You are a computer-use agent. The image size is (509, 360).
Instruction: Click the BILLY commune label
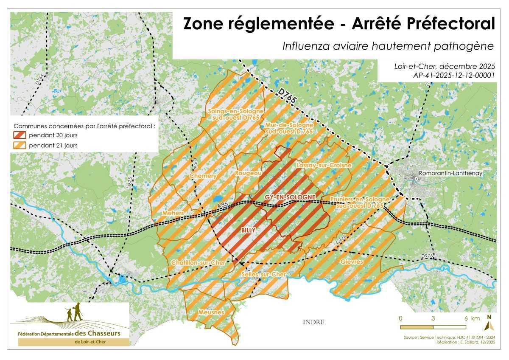tap(248, 230)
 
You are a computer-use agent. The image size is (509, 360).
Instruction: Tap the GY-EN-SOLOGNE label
tap(290, 197)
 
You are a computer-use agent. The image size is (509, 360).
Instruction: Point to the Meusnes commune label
tap(211, 312)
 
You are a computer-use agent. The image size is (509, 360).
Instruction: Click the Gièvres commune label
tap(352, 262)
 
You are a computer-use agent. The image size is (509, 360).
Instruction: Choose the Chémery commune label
tap(203, 176)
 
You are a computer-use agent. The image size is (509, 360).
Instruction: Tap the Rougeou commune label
tap(249, 173)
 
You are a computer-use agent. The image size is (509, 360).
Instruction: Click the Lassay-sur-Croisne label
tap(324, 165)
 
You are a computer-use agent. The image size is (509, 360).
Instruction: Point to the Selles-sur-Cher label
tap(263, 274)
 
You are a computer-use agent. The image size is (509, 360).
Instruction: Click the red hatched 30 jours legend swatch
tap(20, 136)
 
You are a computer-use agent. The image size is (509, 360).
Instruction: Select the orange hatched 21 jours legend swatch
tap(20, 145)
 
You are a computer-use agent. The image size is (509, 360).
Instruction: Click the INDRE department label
tap(313, 322)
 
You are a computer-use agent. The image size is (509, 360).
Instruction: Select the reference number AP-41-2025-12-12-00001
tap(454, 75)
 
